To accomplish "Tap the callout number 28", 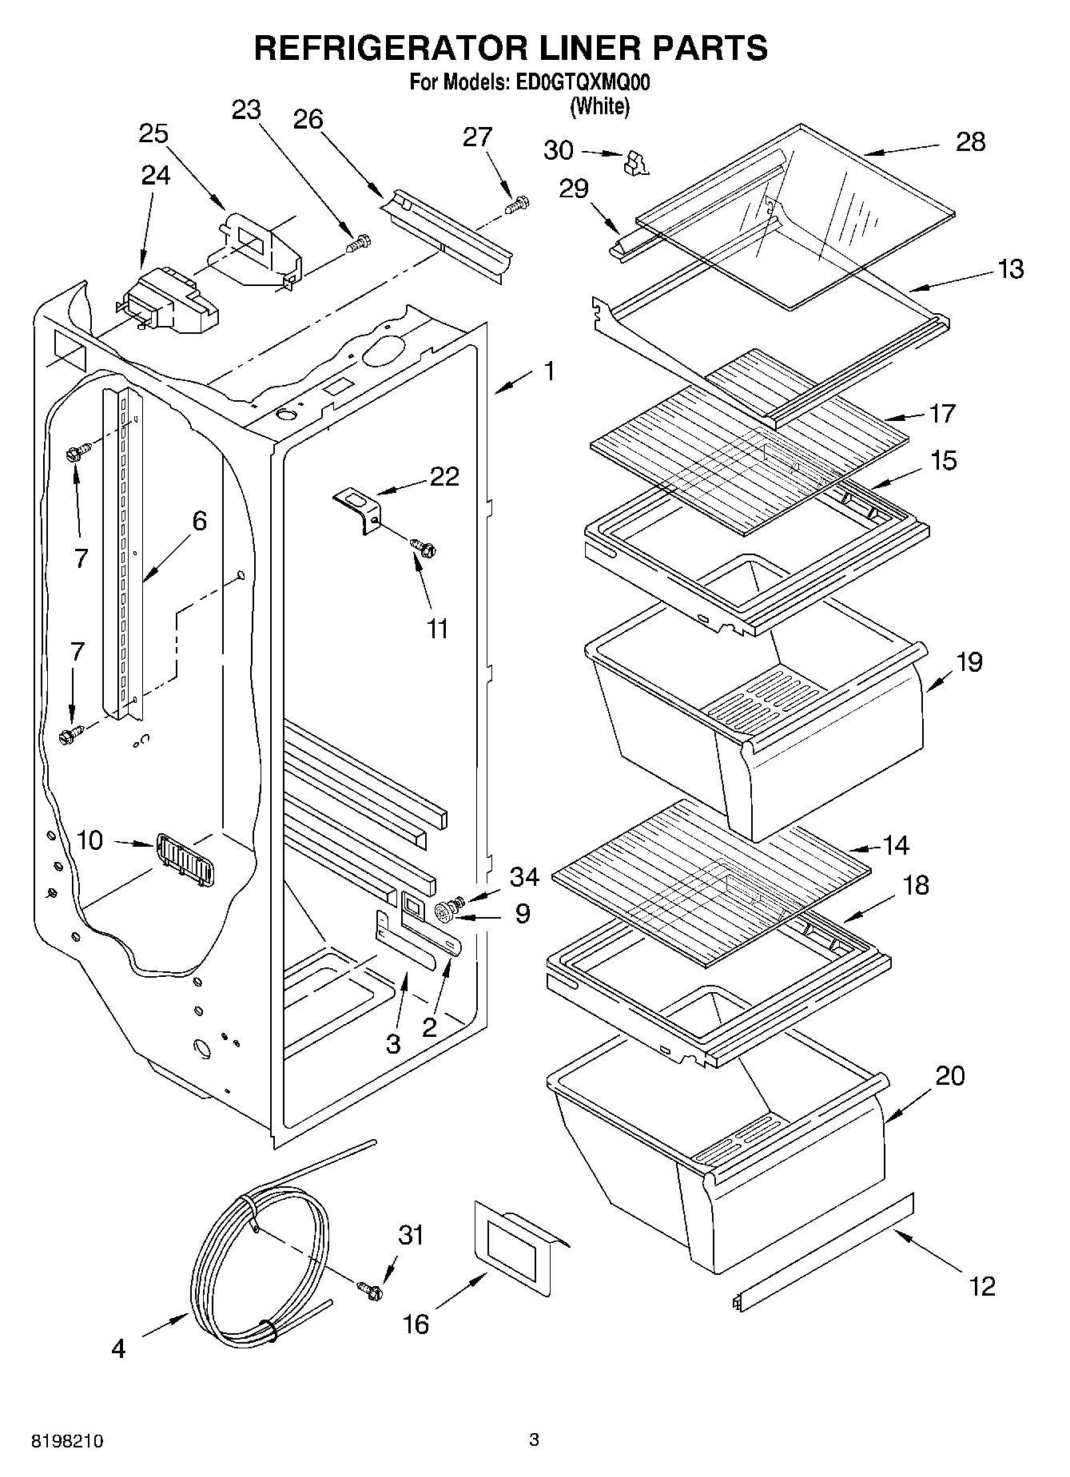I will coord(970,142).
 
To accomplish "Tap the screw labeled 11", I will coord(423,547).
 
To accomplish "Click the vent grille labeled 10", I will coord(184,858).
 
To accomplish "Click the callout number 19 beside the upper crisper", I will coord(969,662).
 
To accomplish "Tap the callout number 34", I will coord(523,877).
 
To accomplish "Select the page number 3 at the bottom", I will coord(534,1440).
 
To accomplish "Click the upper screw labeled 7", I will coord(80,453).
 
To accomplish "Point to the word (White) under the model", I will coord(600,105).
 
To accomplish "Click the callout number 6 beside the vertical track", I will coord(198,522).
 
